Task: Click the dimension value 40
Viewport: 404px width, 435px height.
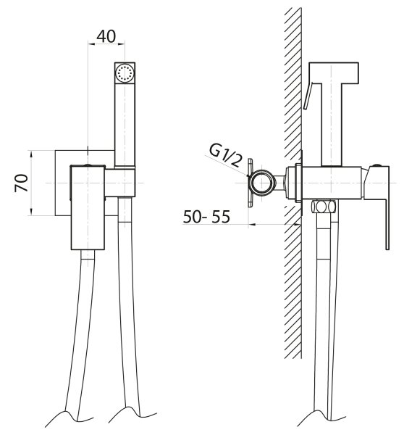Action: pos(106,36)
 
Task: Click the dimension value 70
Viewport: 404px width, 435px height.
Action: pos(21,183)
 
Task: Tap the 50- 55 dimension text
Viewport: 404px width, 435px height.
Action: pos(206,217)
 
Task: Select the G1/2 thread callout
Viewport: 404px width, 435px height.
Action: pos(226,156)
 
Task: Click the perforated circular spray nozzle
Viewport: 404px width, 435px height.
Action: pos(125,72)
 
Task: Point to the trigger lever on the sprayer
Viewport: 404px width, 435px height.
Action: pos(308,95)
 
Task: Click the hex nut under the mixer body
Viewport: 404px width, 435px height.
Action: pos(324,207)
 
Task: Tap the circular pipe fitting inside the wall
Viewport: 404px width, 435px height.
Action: pos(262,183)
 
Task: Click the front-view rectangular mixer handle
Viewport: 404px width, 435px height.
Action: pos(88,207)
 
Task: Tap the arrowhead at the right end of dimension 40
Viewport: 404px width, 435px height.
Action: pos(122,43)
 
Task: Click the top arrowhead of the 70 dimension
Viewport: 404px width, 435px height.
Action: pos(31,154)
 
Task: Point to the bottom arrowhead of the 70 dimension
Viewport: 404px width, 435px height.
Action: pos(31,212)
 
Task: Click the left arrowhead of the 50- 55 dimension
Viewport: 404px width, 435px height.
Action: pos(252,224)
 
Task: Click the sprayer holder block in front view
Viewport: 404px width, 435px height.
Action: pos(120,183)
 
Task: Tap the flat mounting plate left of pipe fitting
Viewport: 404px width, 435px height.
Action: pos(251,183)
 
